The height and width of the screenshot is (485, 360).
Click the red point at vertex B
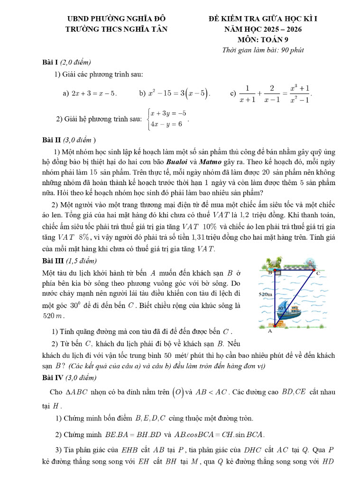(275, 271)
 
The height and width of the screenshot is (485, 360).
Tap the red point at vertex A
(275, 326)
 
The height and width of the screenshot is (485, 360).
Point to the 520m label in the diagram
(265, 294)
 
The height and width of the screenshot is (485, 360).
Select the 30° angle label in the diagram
(280, 308)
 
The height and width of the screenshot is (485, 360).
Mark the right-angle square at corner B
(278, 274)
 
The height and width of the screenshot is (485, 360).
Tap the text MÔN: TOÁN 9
(263, 39)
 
